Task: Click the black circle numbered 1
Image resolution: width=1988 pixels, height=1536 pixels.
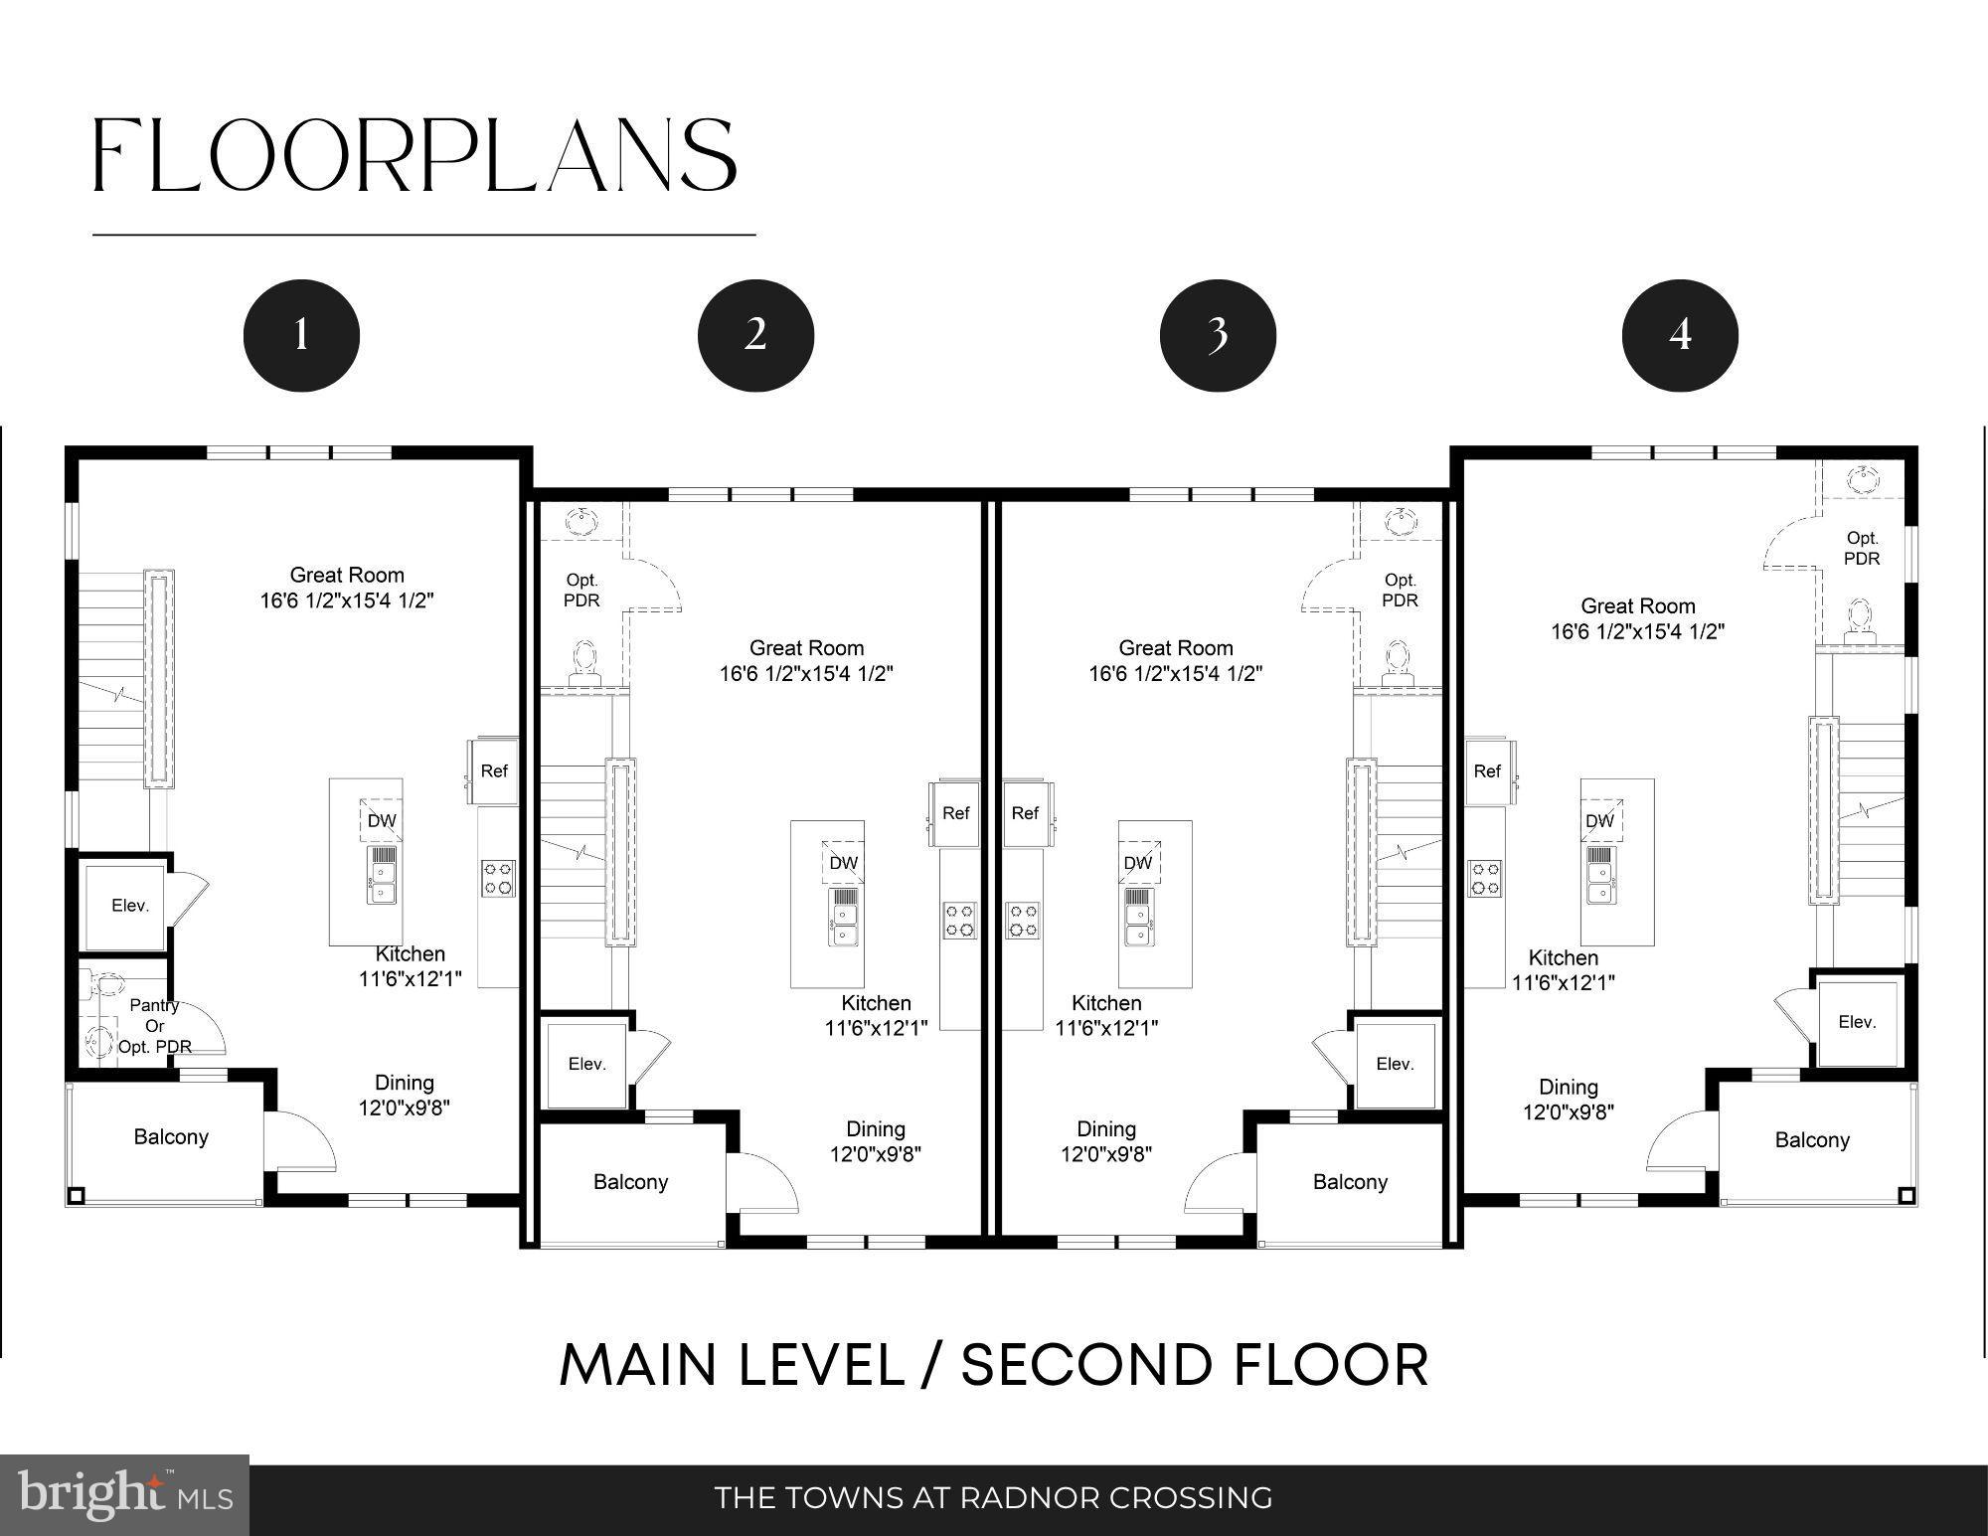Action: coord(301,335)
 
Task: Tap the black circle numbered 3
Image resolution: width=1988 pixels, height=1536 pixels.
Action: coord(1218,335)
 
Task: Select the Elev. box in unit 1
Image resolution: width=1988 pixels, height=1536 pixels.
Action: coord(130,906)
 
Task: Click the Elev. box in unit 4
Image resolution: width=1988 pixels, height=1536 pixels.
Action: coord(1857,1022)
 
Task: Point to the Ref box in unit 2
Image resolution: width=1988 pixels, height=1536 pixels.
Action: coord(956,813)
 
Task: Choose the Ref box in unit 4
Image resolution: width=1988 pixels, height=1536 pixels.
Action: coord(1487,771)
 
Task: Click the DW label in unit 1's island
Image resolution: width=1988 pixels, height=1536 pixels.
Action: coord(382,820)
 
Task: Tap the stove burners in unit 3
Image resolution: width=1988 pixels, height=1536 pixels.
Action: coord(1023,921)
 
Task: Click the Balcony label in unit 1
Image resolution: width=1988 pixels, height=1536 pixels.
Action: coord(171,1136)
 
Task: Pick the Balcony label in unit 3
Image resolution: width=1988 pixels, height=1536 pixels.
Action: coord(1350,1182)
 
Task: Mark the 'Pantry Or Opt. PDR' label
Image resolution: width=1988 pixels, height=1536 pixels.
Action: coord(155,1026)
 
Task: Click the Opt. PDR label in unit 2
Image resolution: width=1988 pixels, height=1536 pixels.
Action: coord(581,591)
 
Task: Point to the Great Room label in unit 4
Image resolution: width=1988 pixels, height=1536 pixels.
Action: coord(1638,605)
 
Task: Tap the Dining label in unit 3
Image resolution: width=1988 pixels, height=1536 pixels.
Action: coord(1106,1128)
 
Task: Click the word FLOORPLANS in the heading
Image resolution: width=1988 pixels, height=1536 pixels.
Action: coord(415,155)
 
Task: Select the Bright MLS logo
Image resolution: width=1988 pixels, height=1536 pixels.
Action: coord(124,1495)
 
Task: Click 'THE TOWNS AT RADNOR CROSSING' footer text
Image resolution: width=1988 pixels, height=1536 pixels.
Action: coord(994,1497)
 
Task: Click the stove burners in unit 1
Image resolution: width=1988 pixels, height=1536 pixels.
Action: coord(498,879)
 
